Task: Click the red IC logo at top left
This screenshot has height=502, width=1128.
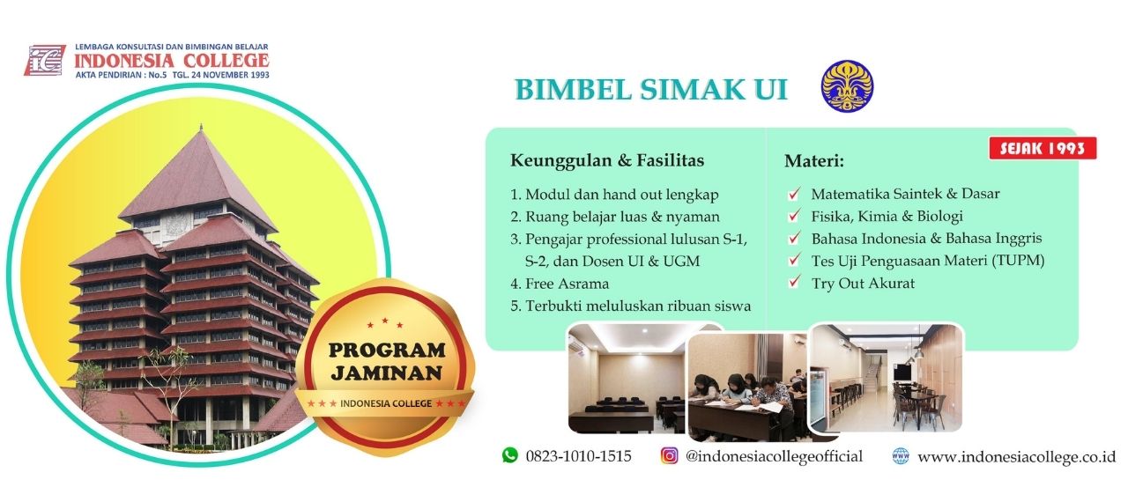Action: point(45,61)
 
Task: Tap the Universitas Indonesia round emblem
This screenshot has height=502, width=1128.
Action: point(847,86)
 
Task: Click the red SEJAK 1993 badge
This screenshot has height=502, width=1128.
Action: point(1043,148)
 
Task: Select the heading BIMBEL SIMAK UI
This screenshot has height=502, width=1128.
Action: point(651,90)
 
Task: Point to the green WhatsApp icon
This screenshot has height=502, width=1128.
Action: point(509,455)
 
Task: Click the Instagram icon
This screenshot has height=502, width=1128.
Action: point(669,455)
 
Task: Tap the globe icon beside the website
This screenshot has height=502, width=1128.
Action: point(901,455)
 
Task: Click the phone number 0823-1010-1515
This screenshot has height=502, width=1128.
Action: point(578,456)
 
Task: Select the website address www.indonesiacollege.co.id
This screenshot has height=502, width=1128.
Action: point(1016,457)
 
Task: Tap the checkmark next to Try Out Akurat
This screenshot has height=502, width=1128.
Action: point(794,281)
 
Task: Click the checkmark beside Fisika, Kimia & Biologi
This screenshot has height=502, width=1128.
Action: point(794,215)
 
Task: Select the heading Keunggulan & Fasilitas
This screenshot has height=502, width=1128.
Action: point(607,160)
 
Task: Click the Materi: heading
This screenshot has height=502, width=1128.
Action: point(813,161)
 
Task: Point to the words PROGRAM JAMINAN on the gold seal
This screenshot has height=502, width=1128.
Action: point(387,362)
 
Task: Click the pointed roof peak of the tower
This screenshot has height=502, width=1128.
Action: point(201,126)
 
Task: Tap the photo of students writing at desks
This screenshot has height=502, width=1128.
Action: point(748,388)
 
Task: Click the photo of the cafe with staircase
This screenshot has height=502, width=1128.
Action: point(887,378)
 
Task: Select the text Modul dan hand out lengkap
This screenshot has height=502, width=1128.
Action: point(622,195)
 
